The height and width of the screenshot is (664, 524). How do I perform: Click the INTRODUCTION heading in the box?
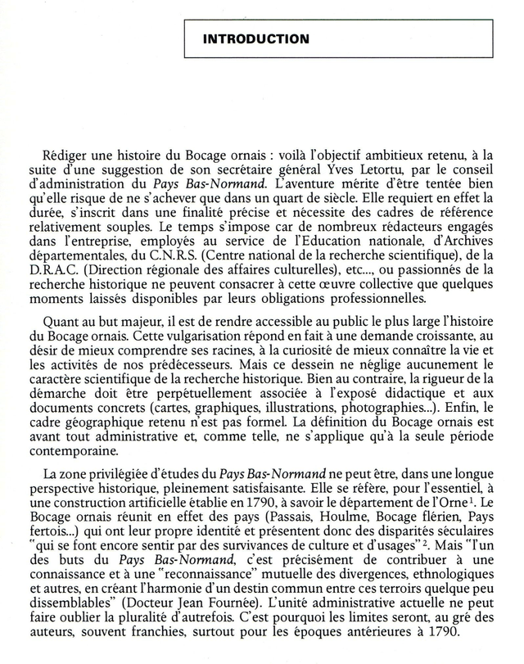(256, 38)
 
